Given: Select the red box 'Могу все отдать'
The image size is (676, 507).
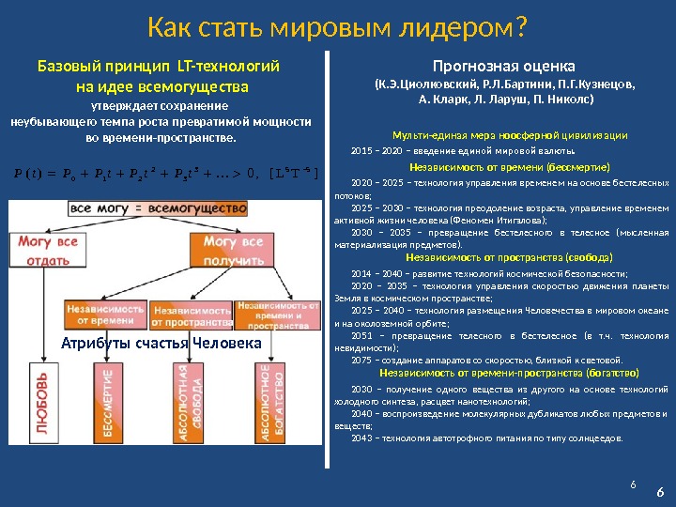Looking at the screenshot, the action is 44,250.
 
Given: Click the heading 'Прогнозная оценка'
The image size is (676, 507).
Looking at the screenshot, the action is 503,65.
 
